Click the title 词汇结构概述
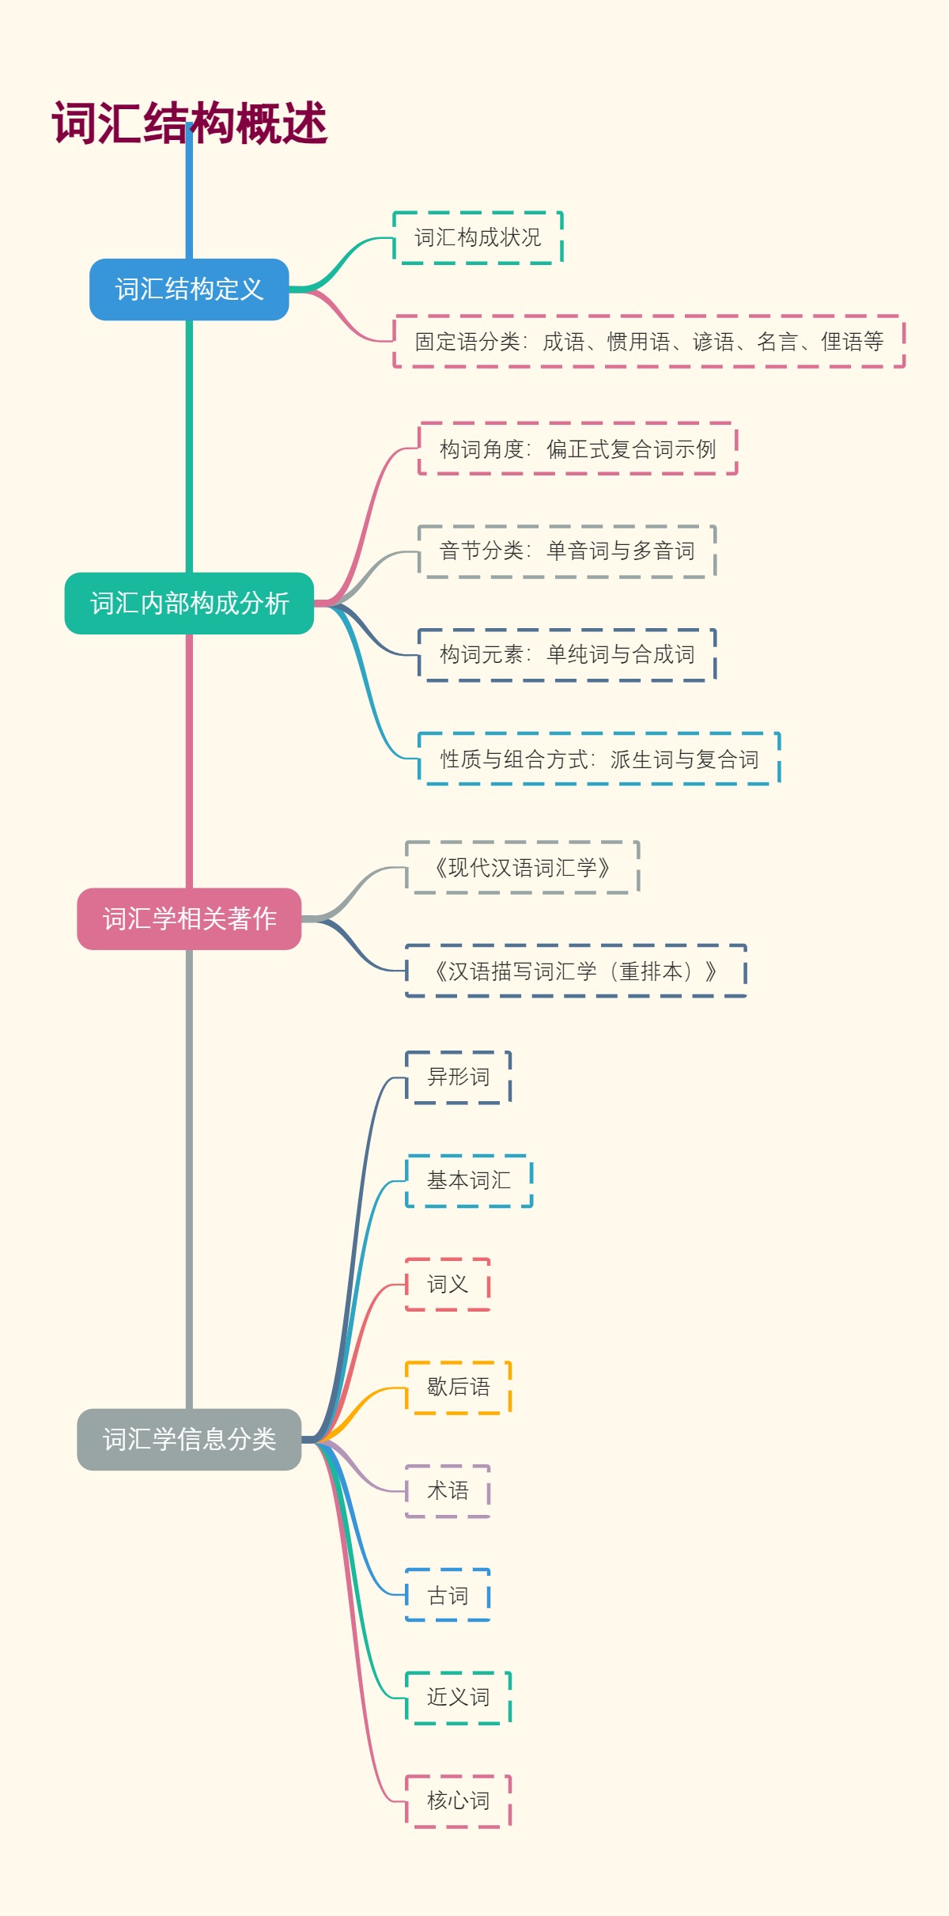190,123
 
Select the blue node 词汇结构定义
189,290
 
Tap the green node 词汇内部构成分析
189,604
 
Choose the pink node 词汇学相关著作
189,918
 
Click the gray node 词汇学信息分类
189,1439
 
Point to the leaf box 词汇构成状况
478,237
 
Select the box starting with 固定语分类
648,342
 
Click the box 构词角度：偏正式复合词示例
577,449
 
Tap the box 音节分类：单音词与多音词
566,551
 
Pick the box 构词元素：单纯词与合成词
566,654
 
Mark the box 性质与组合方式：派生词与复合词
599,759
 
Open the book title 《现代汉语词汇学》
522,868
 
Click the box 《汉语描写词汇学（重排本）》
575,971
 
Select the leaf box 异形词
458,1077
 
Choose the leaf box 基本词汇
469,1180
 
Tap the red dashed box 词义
448,1284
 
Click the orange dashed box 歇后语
458,1387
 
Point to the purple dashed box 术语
448,1490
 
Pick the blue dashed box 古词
448,1595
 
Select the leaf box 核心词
458,1801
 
